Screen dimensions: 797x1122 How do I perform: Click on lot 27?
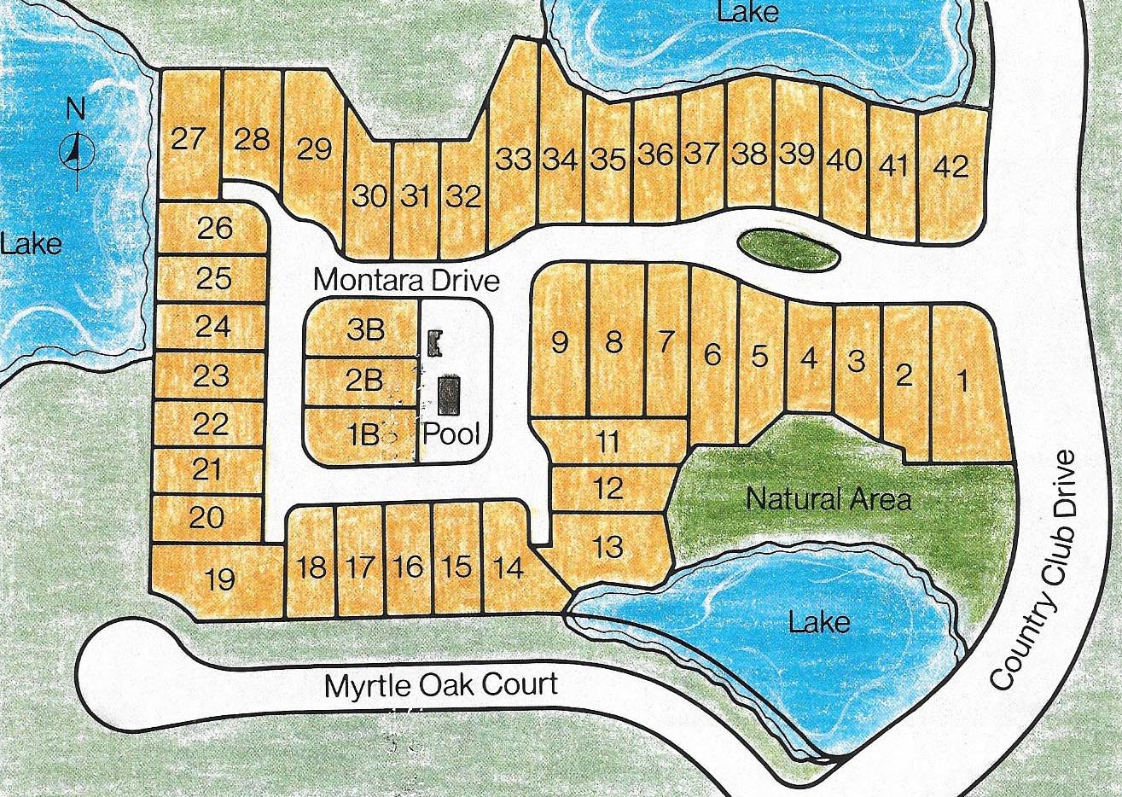tap(188, 138)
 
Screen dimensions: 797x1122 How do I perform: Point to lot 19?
tap(220, 579)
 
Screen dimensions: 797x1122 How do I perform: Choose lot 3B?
tap(365, 329)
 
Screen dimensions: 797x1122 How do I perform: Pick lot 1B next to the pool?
tap(362, 435)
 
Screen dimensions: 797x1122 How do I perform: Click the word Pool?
tap(452, 434)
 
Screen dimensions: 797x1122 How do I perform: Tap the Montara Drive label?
tap(405, 280)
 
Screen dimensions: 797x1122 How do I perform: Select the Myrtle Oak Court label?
tap(440, 684)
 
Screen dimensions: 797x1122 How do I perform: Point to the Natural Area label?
tap(828, 498)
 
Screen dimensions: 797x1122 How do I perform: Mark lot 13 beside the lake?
tap(608, 546)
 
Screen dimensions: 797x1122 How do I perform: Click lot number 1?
tap(963, 381)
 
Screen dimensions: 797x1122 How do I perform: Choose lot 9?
tap(560, 342)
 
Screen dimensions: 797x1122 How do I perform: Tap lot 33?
tap(514, 159)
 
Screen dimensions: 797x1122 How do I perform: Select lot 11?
tap(608, 442)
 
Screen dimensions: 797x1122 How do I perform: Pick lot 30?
tap(369, 196)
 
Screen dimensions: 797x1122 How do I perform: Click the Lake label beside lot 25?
tap(32, 244)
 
